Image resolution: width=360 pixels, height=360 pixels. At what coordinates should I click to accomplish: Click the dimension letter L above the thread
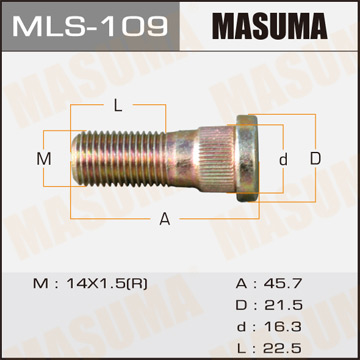[x=117, y=104]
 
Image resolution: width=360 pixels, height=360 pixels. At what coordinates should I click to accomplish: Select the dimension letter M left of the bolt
[x=43, y=160]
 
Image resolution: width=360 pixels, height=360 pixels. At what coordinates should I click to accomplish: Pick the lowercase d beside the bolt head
[x=283, y=159]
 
